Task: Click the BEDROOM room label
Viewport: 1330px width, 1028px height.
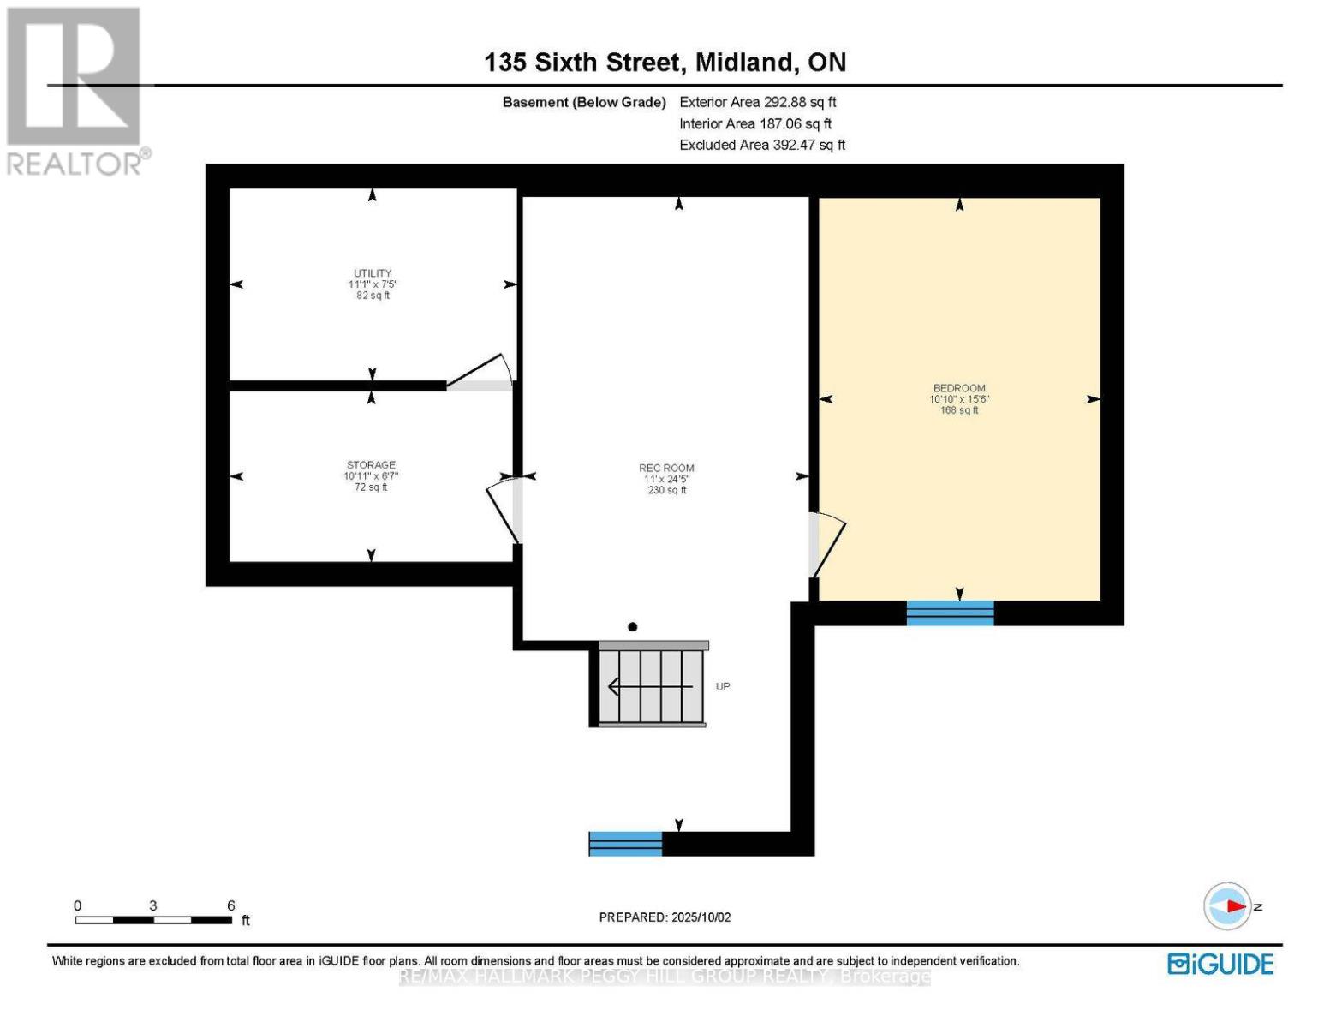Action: point(958,389)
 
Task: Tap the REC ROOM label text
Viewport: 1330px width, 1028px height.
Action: point(666,469)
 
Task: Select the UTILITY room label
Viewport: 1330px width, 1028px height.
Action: point(373,274)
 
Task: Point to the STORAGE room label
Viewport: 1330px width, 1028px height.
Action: point(371,465)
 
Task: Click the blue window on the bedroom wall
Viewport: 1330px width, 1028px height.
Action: point(950,613)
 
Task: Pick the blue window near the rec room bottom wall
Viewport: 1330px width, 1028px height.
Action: point(625,844)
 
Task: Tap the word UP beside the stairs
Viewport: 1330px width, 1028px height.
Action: point(723,687)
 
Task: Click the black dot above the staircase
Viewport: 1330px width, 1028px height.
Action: point(633,627)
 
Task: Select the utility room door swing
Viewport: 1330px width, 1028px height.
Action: point(481,374)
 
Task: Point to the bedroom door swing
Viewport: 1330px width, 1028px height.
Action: point(826,543)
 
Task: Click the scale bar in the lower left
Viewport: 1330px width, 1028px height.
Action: point(153,920)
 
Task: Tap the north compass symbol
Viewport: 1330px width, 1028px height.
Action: point(1228,906)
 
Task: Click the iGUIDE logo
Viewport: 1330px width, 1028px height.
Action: point(1220,964)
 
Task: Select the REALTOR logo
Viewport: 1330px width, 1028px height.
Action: point(75,90)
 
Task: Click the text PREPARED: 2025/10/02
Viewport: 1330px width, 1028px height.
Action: point(665,917)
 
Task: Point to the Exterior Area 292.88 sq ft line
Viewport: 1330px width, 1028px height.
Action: point(757,102)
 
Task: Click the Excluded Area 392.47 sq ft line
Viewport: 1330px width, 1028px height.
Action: point(762,146)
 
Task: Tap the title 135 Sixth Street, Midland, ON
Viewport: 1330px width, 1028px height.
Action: point(665,63)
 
